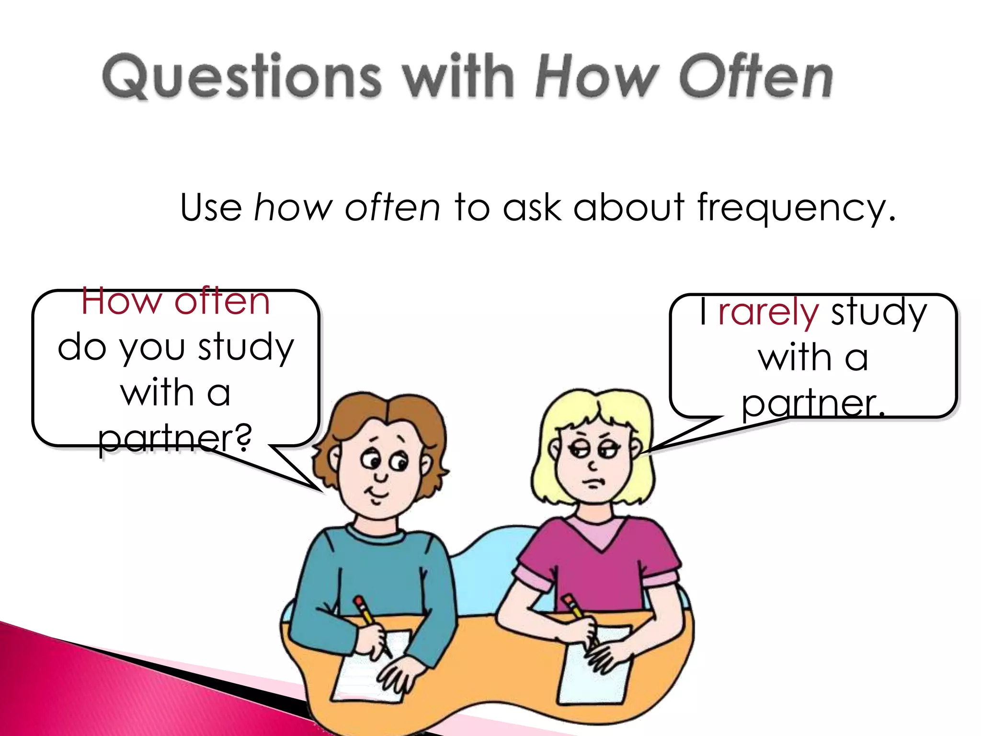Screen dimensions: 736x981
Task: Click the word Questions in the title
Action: (242, 77)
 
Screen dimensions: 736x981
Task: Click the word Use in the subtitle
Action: (211, 207)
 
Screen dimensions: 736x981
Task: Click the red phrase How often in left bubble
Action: (175, 302)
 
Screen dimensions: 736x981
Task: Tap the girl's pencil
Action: (577, 613)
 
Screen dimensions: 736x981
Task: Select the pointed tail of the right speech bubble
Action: (671, 441)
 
